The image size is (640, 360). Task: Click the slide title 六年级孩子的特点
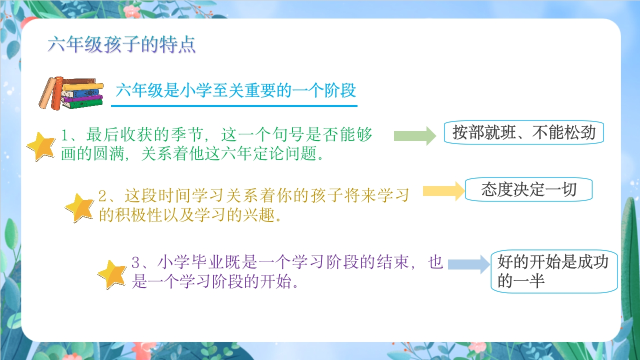(121, 44)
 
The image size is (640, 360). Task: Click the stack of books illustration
(71, 93)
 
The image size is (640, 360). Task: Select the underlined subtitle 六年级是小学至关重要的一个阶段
(235, 90)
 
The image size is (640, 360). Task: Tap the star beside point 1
(41, 146)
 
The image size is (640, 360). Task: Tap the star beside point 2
(79, 207)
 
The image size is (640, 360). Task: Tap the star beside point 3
(112, 274)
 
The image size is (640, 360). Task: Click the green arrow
(415, 135)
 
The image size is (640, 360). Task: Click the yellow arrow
(444, 191)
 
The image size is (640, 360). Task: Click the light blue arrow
(469, 264)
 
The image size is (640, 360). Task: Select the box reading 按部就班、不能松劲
(523, 132)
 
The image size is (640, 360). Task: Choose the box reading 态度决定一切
(528, 189)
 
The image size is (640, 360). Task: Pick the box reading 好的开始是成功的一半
(554, 271)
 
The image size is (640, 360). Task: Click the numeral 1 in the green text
(64, 135)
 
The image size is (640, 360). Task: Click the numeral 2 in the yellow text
(102, 196)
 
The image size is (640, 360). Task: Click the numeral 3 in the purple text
(135, 262)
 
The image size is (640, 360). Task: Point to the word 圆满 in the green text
(110, 153)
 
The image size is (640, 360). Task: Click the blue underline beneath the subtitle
(234, 106)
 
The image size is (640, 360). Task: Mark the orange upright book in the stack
(57, 93)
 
